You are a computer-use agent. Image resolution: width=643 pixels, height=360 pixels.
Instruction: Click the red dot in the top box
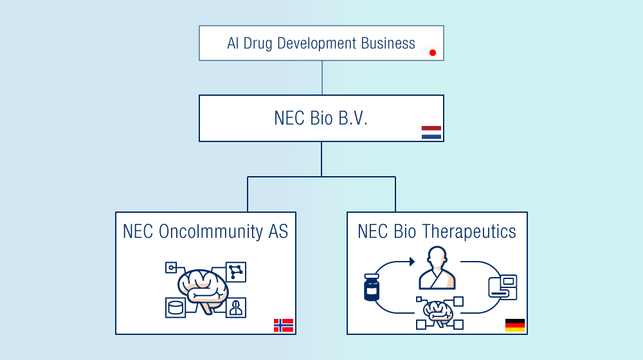[433, 53]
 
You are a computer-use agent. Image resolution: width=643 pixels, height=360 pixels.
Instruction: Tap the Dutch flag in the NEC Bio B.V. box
[431, 132]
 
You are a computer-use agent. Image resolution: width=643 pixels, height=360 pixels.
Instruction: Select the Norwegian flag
[284, 325]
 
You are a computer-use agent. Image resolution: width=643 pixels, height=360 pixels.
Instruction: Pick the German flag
[515, 325]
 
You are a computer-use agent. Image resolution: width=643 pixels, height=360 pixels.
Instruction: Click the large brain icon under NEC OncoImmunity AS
[203, 289]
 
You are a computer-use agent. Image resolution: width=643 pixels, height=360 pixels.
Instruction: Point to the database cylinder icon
[175, 307]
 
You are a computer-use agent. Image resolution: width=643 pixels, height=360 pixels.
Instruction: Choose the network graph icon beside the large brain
[236, 271]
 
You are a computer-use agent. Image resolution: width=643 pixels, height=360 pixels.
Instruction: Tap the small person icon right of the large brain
[236, 307]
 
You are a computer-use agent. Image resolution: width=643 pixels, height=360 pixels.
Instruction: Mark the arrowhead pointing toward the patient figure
[412, 262]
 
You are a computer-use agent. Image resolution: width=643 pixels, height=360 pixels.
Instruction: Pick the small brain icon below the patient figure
[438, 312]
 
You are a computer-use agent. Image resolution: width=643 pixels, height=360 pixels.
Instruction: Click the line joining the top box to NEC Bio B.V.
[321, 78]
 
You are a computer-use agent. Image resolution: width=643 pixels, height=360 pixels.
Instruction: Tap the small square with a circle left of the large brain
[171, 267]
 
